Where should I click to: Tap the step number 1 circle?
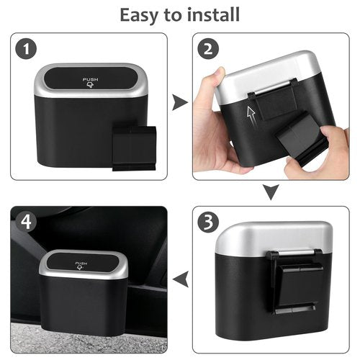(x=27, y=50)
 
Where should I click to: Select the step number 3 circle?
(x=210, y=222)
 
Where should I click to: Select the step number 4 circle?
(x=27, y=222)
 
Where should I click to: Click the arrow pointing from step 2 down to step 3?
(x=269, y=192)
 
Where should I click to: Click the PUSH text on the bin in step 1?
(x=91, y=79)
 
